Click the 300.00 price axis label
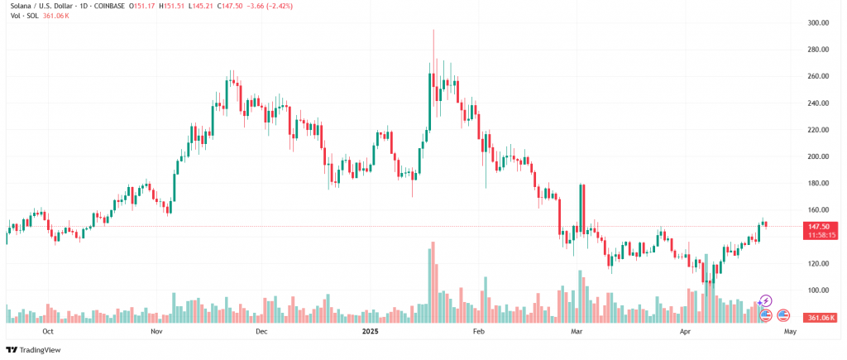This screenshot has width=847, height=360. click(819, 23)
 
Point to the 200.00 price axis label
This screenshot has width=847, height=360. click(819, 156)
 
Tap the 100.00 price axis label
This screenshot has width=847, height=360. click(819, 290)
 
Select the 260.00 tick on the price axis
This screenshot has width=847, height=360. click(819, 76)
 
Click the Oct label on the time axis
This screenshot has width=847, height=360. click(48, 331)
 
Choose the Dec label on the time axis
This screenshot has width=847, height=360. click(261, 331)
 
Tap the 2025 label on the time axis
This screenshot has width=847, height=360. click(371, 331)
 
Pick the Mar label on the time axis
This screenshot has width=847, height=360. click(578, 331)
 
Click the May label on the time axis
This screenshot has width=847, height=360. click(790, 331)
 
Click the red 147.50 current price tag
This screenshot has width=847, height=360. click(819, 226)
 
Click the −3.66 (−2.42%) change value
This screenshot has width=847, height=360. click(266, 7)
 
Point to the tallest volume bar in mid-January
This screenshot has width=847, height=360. click(432, 282)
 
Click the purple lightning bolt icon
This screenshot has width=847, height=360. click(766, 300)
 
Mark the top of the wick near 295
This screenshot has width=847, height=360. click(433, 31)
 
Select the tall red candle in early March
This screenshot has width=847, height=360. click(583, 207)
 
